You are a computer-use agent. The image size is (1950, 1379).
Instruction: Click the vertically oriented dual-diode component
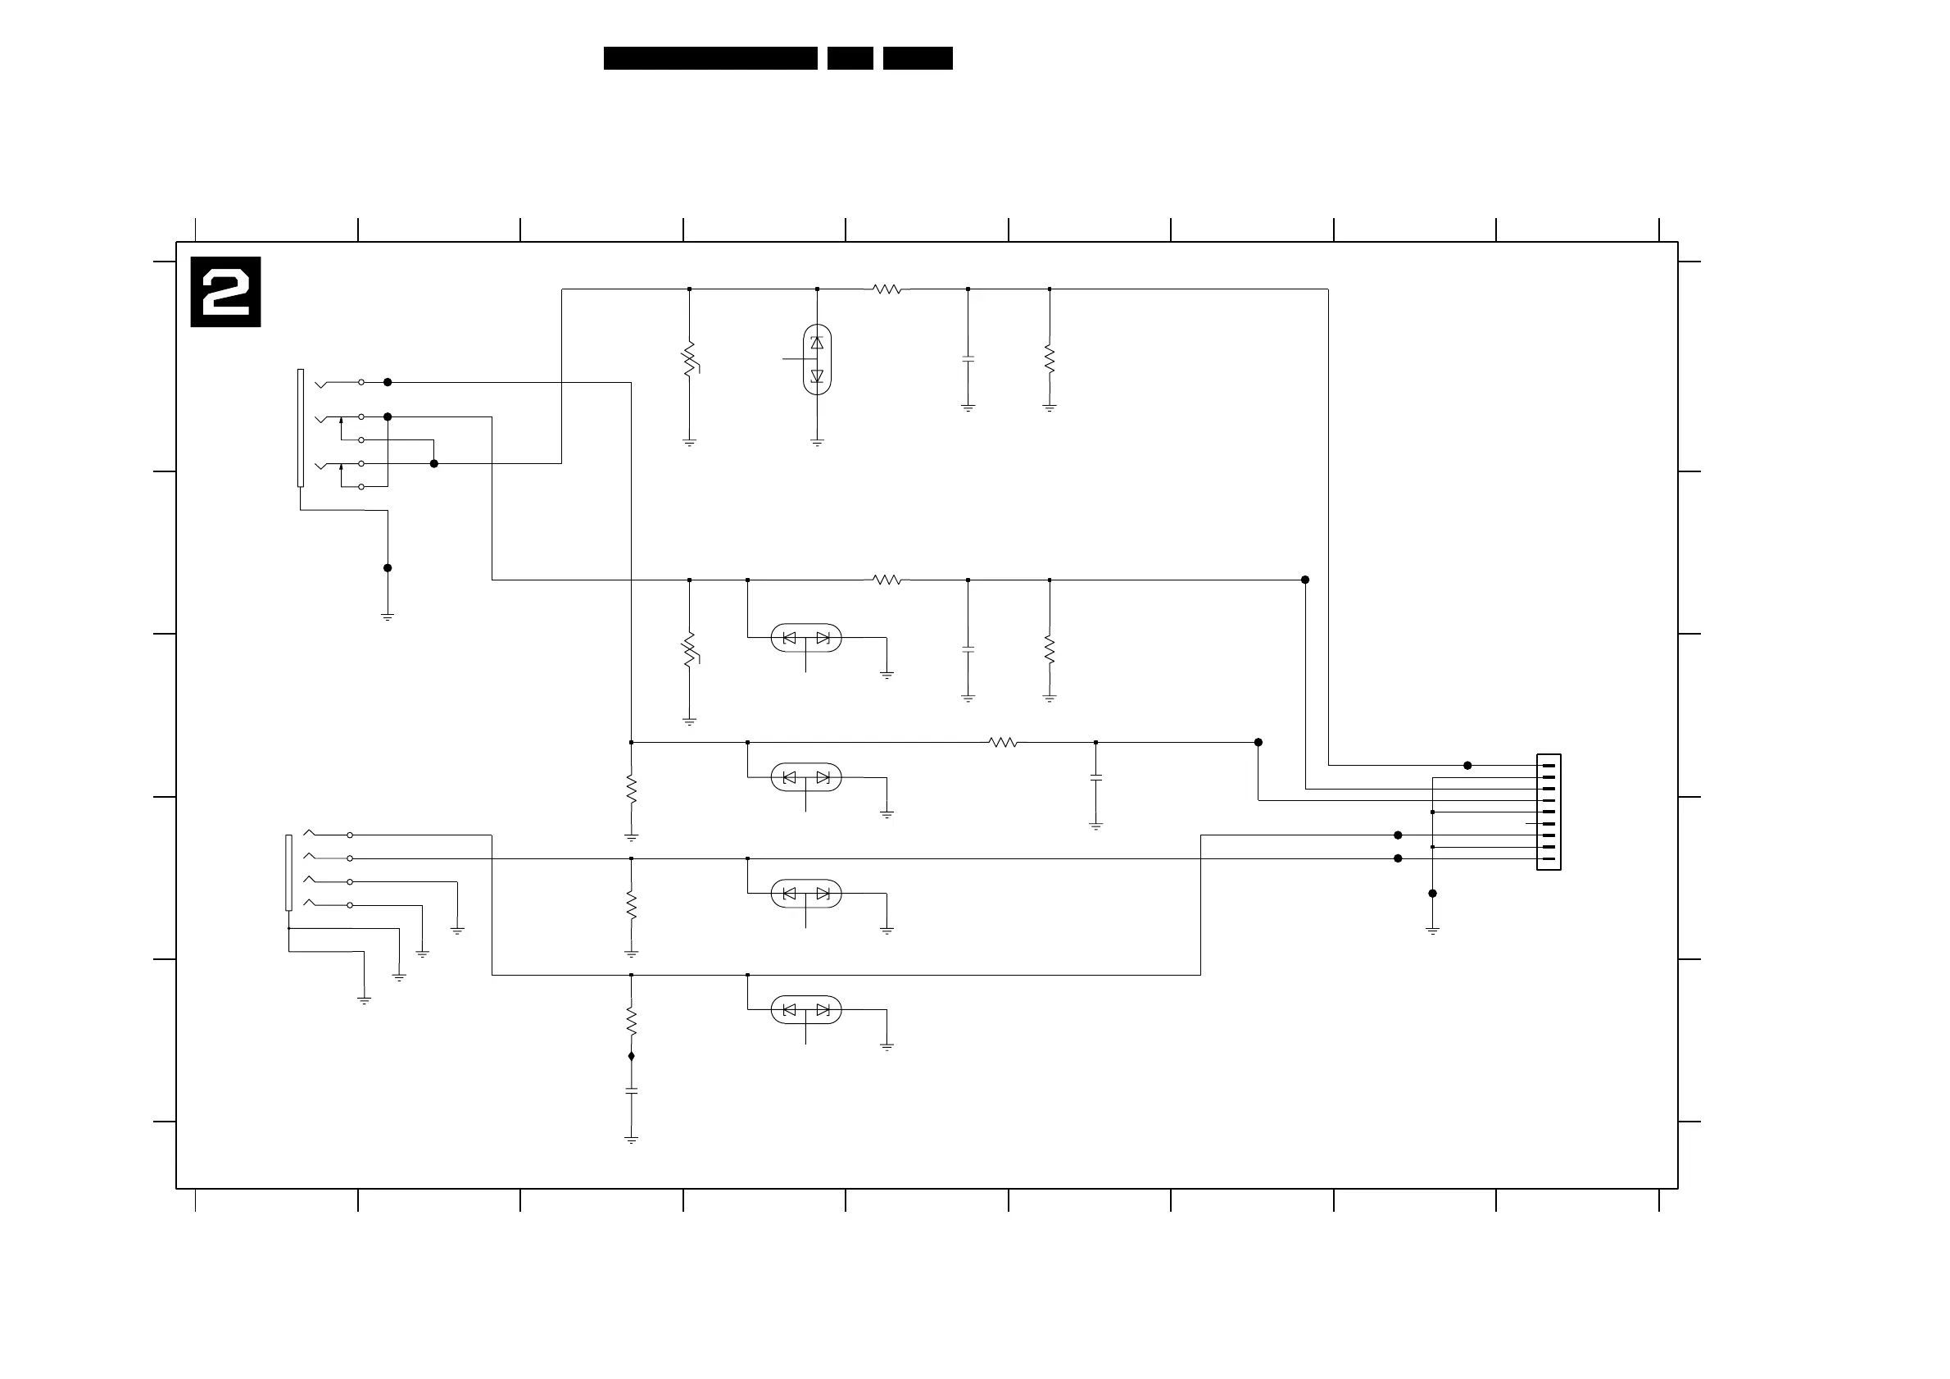point(817,359)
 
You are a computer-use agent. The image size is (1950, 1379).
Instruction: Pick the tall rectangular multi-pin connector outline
point(1549,812)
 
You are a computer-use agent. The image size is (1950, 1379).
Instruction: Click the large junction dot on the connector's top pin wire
point(1467,766)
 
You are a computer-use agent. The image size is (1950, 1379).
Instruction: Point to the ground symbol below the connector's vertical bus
point(1432,931)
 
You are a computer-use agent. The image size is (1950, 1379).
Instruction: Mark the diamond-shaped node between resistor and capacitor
point(631,1056)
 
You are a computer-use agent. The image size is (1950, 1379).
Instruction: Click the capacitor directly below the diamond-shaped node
point(631,1090)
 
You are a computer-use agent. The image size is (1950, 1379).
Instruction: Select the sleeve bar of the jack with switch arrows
point(301,427)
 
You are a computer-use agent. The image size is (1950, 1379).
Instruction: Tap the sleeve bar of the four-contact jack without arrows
point(288,872)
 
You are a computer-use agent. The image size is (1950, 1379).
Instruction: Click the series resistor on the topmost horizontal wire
point(887,289)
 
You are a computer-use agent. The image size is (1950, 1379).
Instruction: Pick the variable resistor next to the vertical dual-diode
point(690,359)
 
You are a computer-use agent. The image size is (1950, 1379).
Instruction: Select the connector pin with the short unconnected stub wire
point(1548,824)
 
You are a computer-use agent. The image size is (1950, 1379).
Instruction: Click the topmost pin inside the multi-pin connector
point(1549,766)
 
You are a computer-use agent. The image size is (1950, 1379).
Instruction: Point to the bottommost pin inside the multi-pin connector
point(1549,859)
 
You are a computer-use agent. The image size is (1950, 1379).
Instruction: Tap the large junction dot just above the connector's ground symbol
point(1432,893)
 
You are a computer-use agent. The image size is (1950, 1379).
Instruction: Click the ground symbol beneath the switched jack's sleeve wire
point(388,617)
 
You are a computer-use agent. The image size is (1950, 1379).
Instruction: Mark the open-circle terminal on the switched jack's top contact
point(361,382)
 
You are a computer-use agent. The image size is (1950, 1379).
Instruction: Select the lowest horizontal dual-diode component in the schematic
point(806,1009)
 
